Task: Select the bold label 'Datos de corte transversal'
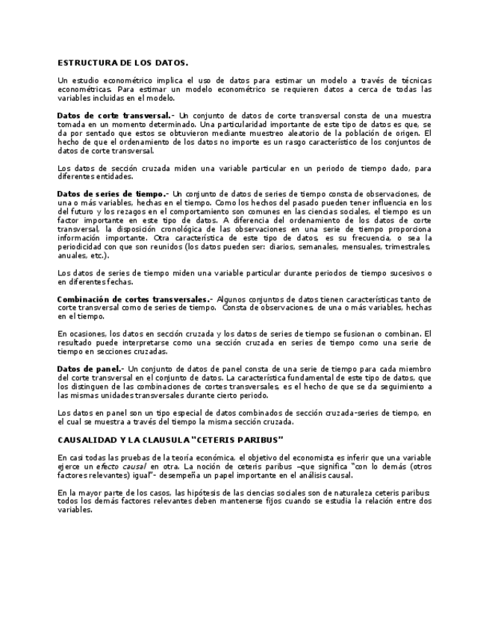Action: click(x=114, y=116)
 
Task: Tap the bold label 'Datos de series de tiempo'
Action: click(x=111, y=193)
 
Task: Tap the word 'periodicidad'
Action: click(x=79, y=247)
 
